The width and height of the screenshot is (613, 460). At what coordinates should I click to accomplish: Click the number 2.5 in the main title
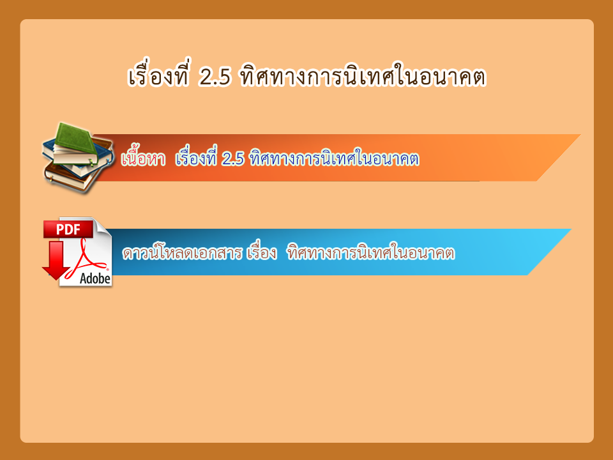point(215,77)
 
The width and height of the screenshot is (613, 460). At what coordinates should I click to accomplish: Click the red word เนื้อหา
point(143,158)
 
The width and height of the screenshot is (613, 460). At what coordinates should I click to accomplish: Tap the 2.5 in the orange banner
point(232,159)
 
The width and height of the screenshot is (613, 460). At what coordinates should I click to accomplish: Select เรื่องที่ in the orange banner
point(196,157)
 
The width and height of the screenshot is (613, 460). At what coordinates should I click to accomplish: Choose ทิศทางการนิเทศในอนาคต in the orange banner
point(334,158)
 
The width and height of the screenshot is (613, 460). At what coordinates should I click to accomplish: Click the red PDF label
point(68,229)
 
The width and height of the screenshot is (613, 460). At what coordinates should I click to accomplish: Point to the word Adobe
point(95,279)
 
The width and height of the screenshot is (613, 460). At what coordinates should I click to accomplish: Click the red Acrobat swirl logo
point(87,259)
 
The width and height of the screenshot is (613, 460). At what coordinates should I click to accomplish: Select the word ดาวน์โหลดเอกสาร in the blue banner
point(182,252)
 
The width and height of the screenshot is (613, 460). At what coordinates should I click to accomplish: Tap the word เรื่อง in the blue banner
point(262,252)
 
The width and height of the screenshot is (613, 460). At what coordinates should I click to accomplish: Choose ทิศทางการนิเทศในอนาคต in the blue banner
point(371,252)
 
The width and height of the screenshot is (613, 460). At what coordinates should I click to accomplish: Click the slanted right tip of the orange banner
point(580,135)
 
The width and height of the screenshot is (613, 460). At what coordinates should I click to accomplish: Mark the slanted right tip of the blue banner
point(571,229)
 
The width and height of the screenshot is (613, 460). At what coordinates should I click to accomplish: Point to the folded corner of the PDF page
point(103,226)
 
